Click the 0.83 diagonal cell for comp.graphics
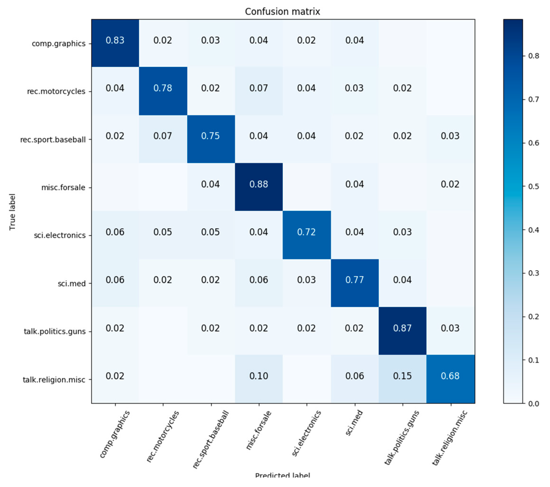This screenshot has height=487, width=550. pyautogui.click(x=115, y=40)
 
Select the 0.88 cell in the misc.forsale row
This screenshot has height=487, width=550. pyautogui.click(x=258, y=184)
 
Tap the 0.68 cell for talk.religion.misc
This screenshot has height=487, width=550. pyautogui.click(x=450, y=376)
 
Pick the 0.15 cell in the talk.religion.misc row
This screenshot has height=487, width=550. pyautogui.click(x=402, y=376)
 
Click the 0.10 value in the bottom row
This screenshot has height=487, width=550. pyautogui.click(x=258, y=376)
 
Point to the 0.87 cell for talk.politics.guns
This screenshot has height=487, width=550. pyautogui.click(x=402, y=328)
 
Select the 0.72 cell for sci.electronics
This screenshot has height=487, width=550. pyautogui.click(x=307, y=232)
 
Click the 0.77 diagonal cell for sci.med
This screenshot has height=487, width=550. pyautogui.click(x=354, y=280)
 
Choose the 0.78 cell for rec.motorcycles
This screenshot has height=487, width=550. pyautogui.click(x=163, y=88)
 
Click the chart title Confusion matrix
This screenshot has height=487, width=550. pyautogui.click(x=282, y=12)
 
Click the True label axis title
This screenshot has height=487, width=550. pyautogui.click(x=12, y=212)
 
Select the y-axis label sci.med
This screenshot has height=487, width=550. pyautogui.click(x=72, y=284)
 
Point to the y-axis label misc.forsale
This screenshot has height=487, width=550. pyautogui.click(x=63, y=187)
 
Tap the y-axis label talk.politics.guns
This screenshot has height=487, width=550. pyautogui.click(x=55, y=331)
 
